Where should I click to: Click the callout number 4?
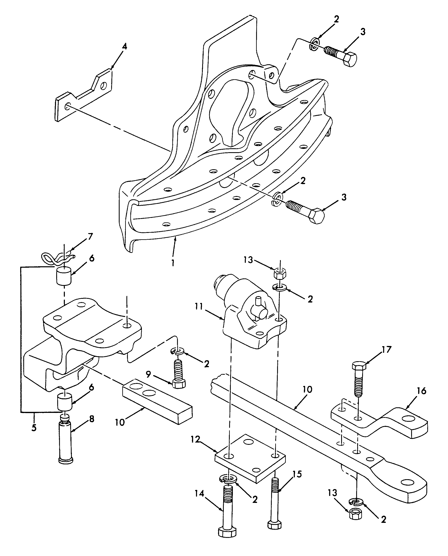[x=124, y=47]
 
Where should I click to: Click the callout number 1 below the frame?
[x=173, y=263]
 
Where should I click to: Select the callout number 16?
[x=421, y=391]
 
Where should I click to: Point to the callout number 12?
[x=196, y=439]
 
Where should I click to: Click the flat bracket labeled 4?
[x=83, y=95]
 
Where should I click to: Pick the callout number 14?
[x=199, y=494]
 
